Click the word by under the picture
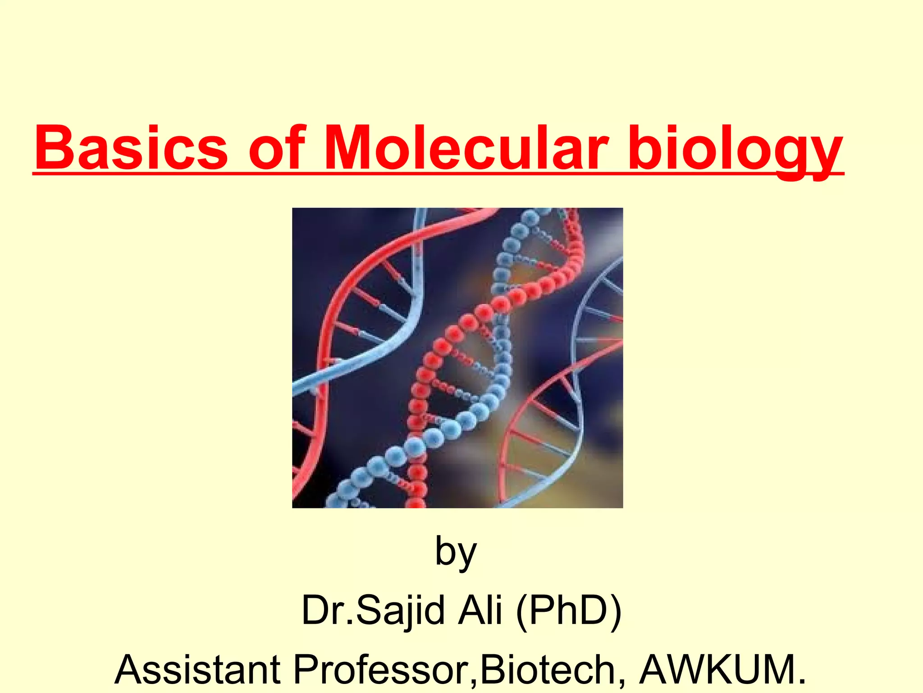tap(456, 553)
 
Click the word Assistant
tap(198, 670)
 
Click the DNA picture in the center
tap(457, 358)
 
